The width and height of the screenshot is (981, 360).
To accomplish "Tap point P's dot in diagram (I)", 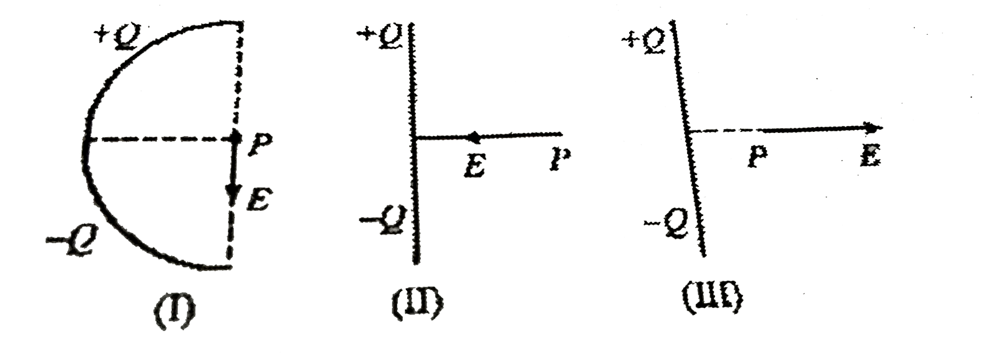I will pos(235,139).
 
